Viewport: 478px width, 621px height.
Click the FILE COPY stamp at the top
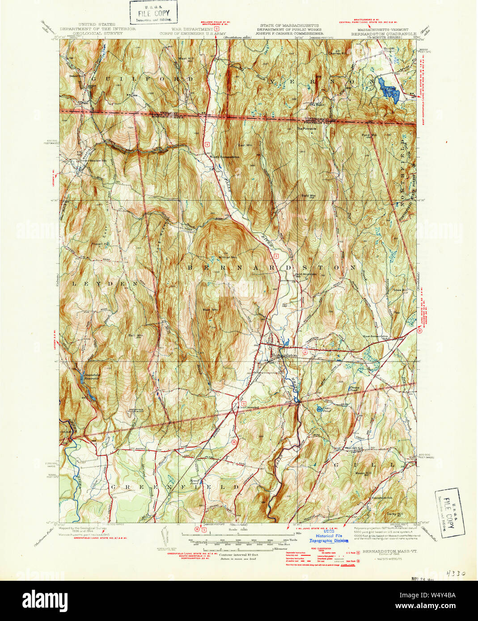(x=153, y=12)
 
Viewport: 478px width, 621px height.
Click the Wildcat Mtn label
(x=228, y=257)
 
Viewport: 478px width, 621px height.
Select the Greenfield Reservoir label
(x=91, y=376)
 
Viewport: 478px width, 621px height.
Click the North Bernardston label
(x=225, y=157)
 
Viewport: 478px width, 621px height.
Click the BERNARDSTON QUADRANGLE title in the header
(x=383, y=34)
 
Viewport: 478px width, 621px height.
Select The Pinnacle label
(x=307, y=129)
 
